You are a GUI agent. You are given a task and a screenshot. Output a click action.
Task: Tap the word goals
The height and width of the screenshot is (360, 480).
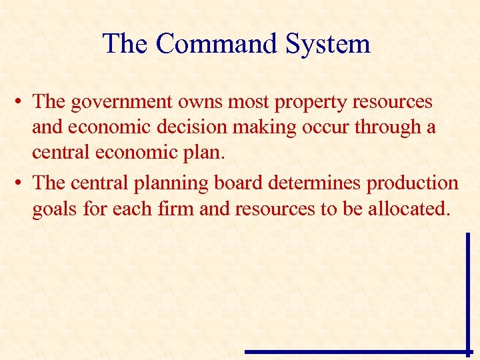point(54,209)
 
